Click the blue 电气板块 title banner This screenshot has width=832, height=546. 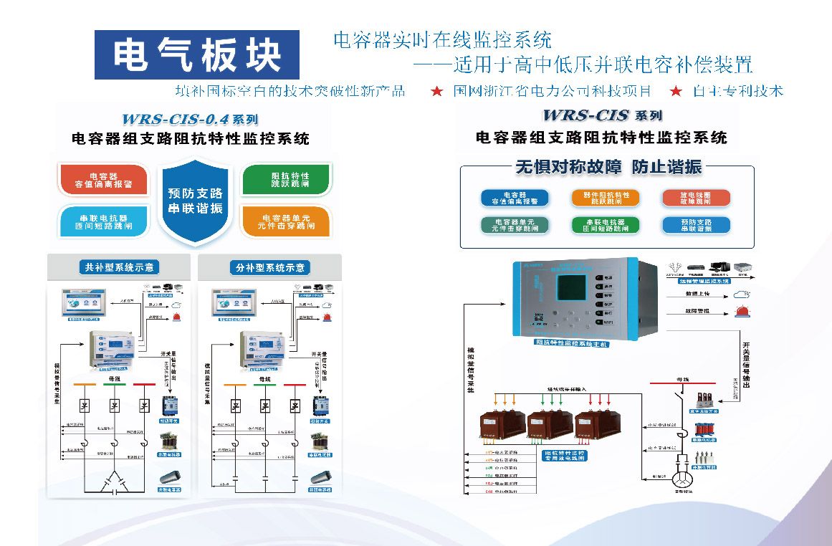(197, 54)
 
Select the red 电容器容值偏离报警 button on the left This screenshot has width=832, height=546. (104, 180)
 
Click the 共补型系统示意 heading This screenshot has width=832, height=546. (119, 268)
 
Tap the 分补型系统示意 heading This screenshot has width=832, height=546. (269, 268)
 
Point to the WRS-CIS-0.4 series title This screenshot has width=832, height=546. (190, 119)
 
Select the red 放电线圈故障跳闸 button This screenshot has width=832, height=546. (685, 198)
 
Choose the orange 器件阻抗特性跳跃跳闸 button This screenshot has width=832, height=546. (606, 198)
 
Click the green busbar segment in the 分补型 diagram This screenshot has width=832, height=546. (264, 385)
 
